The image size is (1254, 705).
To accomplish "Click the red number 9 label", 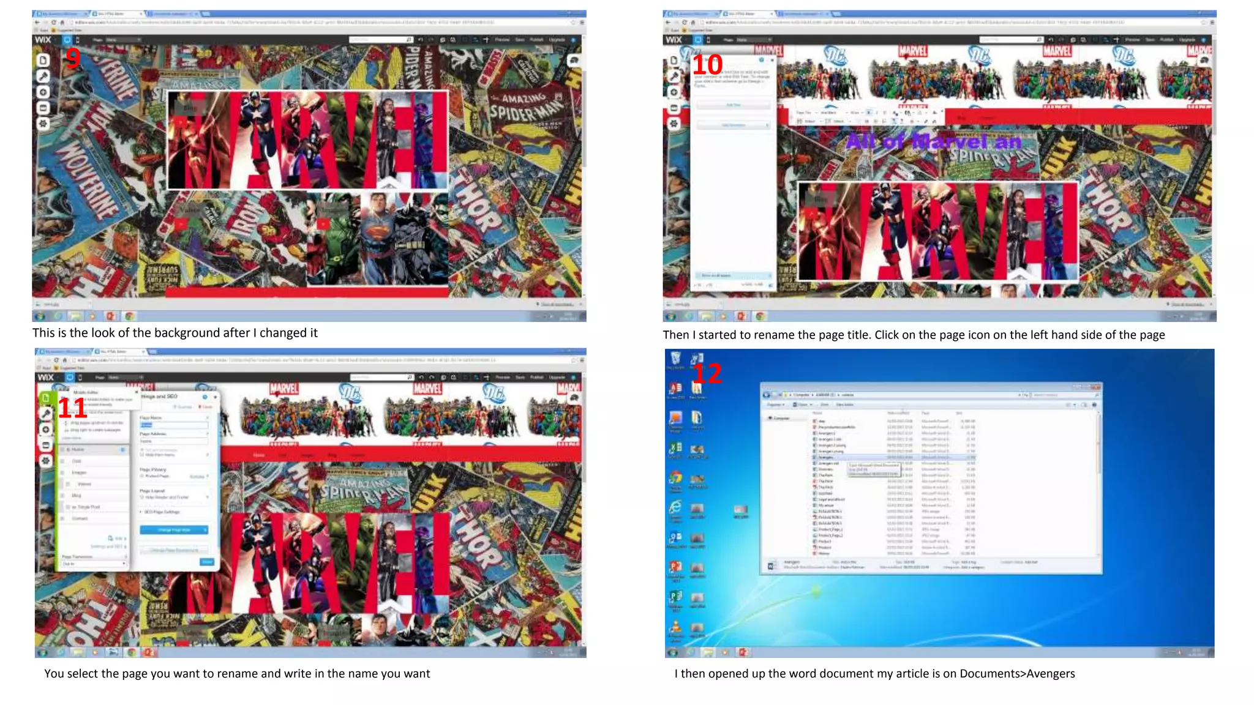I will pos(73,59).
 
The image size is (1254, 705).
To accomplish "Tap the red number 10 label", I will pos(707,65).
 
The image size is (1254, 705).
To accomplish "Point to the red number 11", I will pos(72,408).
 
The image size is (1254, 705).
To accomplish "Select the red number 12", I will pos(707,374).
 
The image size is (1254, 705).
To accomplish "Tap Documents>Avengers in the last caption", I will pos(1017,674).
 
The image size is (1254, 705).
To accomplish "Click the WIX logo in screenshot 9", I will pos(43,40).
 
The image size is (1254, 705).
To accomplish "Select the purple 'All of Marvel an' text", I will pos(934,142).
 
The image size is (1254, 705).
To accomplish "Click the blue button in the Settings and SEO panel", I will pos(174,530).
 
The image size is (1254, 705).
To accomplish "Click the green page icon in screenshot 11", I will pos(46,398).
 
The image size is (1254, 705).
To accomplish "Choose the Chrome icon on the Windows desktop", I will pos(675,478).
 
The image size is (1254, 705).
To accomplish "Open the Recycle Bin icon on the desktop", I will pos(675,359).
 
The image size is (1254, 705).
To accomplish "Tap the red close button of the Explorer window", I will pos(1095,387).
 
